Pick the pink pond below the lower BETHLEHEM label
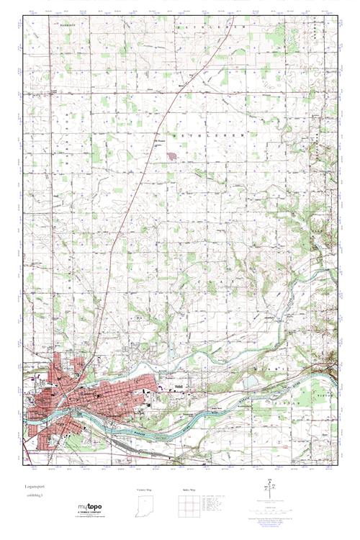coord(171,153)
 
